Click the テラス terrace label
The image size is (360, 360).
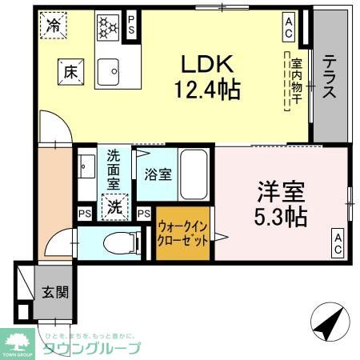coord(329,76)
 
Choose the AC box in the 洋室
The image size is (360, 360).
coord(338,242)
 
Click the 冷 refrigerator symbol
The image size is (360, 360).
coord(54,26)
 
